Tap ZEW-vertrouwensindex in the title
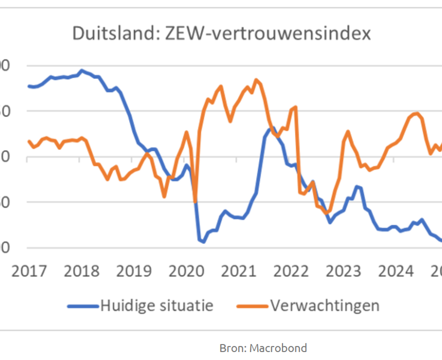coord(268,34)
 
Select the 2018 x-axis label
coord(81,271)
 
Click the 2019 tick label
coord(134,271)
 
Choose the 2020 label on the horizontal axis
coord(186,271)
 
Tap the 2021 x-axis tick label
coord(239,271)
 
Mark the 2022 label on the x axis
coord(291,271)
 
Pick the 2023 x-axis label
coord(343,271)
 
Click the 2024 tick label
coord(396,271)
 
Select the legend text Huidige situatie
coord(157,306)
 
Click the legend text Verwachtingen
coord(324,306)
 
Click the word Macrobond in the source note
coord(278,348)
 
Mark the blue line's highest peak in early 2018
coord(81,71)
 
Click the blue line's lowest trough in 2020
coord(203,242)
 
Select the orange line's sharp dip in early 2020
coord(195,202)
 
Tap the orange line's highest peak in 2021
coord(256,80)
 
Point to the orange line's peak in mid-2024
coord(417,113)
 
